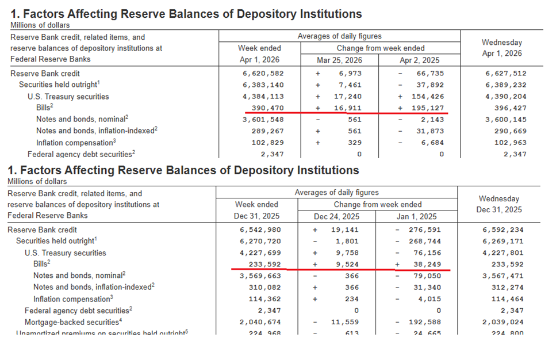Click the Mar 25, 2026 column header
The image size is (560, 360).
point(339,60)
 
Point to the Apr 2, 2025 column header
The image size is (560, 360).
point(419,60)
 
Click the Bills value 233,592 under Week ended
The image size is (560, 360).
point(259,265)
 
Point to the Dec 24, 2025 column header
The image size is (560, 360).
point(336,217)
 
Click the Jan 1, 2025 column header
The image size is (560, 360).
point(416,217)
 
